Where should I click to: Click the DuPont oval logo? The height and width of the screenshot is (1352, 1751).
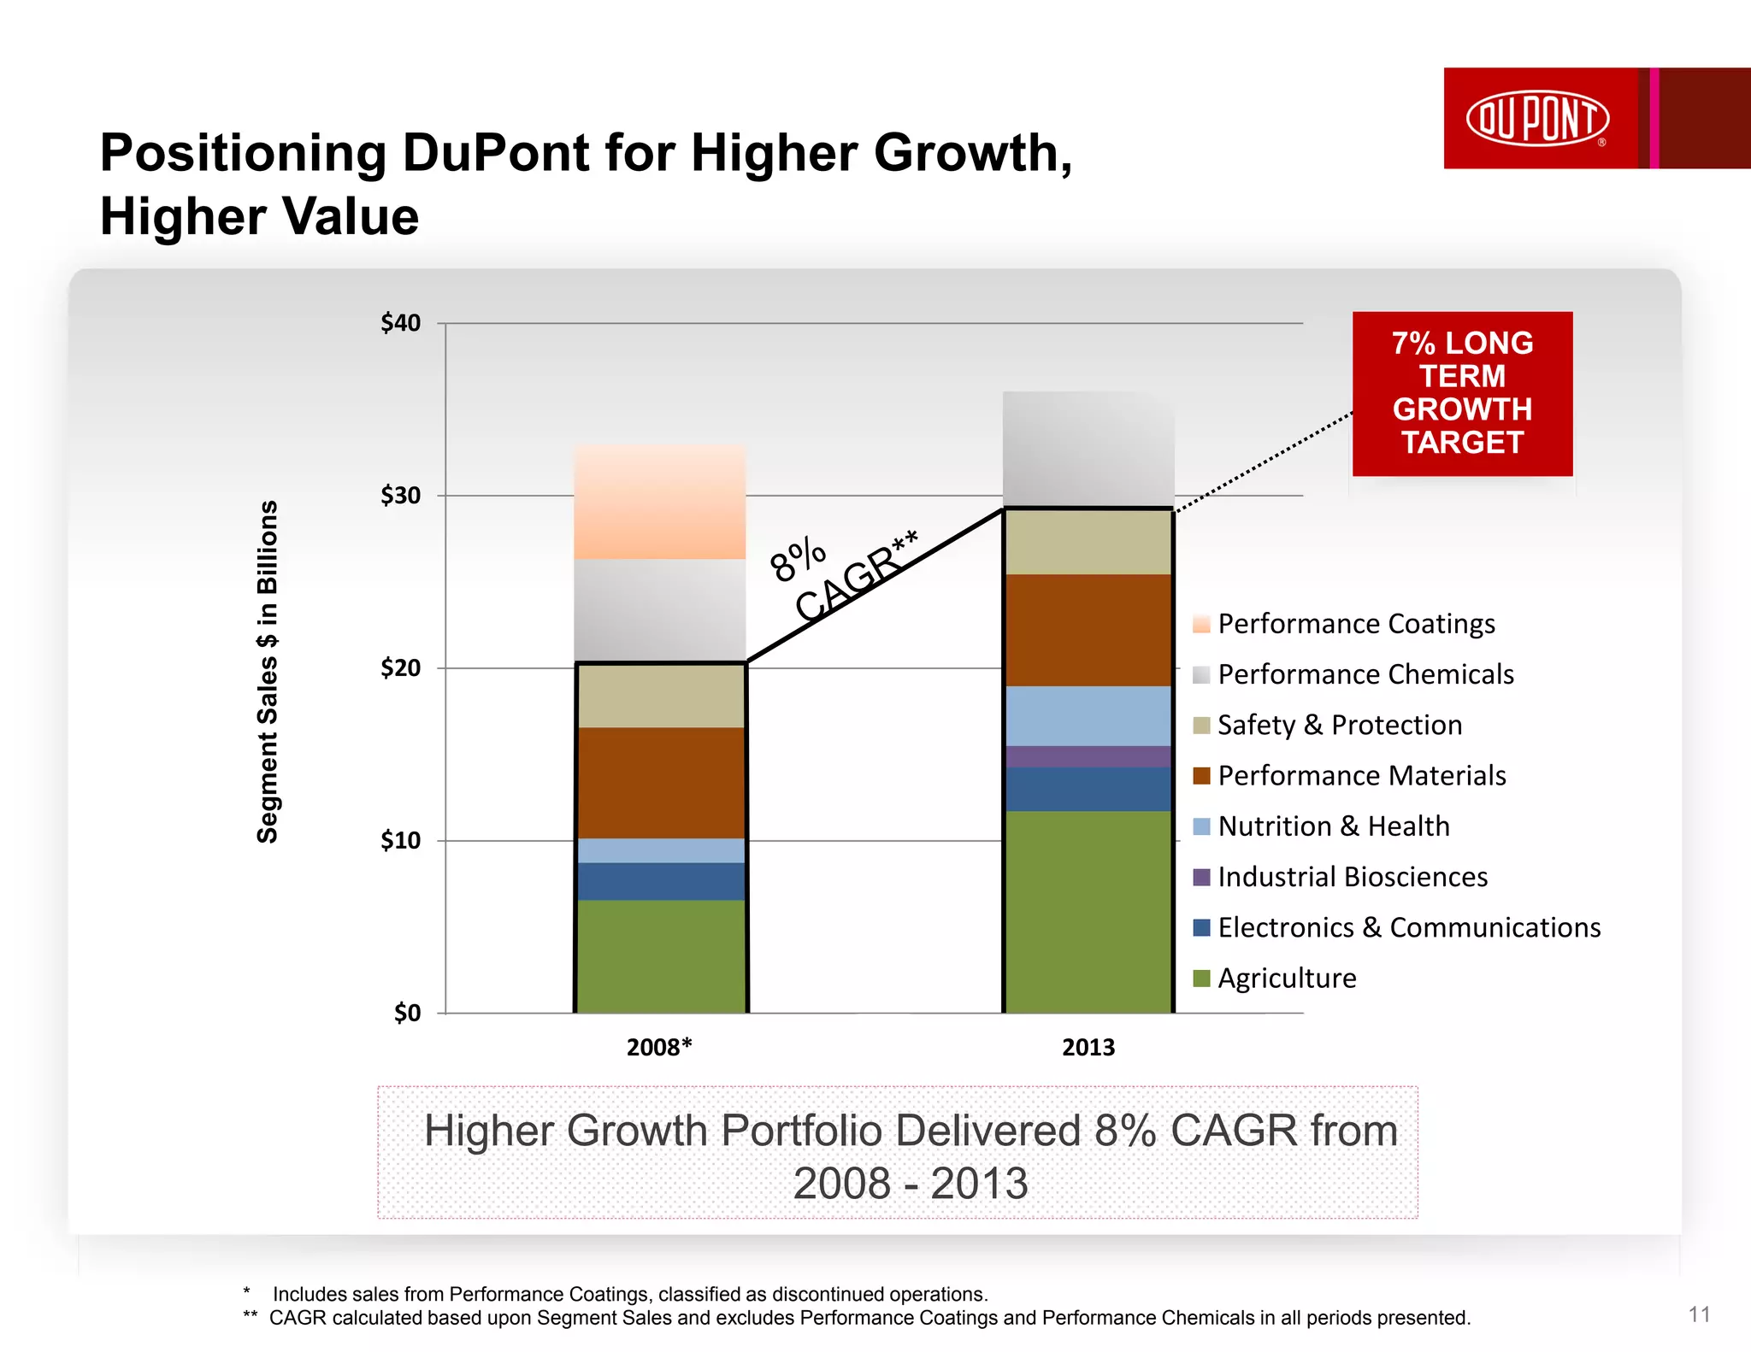(x=1537, y=118)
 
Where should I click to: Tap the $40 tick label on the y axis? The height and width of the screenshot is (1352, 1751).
(x=400, y=323)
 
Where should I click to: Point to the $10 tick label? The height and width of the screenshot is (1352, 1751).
(x=400, y=841)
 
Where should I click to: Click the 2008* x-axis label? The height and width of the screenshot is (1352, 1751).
(x=659, y=1047)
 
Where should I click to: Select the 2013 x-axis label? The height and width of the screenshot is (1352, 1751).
(x=1088, y=1047)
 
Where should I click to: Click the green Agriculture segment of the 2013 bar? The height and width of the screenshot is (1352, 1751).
(x=1088, y=911)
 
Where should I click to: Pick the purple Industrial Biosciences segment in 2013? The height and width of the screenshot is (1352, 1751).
(x=1088, y=756)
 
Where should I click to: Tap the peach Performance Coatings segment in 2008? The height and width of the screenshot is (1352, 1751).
(x=660, y=503)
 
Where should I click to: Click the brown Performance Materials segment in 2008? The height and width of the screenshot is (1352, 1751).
(x=660, y=783)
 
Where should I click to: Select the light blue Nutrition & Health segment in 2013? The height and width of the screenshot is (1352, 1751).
(x=1088, y=716)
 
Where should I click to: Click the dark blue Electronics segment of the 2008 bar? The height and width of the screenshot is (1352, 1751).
(x=660, y=881)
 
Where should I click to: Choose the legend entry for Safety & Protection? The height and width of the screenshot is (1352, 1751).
(x=1339, y=725)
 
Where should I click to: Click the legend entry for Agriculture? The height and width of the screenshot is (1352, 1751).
(x=1286, y=978)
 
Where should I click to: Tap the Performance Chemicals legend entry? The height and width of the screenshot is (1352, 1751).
(x=1365, y=674)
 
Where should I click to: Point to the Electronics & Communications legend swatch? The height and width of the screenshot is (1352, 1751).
(x=1201, y=927)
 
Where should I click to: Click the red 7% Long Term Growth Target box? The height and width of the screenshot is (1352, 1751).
(x=1462, y=393)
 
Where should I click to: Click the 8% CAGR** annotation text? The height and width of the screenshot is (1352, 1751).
(x=842, y=575)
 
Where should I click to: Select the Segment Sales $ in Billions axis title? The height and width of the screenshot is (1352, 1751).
(x=268, y=672)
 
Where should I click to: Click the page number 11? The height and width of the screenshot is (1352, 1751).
(x=1699, y=1314)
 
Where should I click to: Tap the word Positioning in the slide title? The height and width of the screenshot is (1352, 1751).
(x=243, y=154)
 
